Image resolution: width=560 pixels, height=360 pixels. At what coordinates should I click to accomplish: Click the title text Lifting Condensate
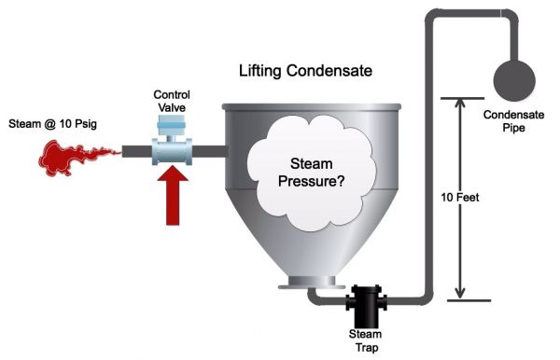pos(303,71)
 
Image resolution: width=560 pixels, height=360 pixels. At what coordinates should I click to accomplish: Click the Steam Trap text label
pos(366,338)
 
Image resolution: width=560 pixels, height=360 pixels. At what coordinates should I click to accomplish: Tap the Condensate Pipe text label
pos(510,122)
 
